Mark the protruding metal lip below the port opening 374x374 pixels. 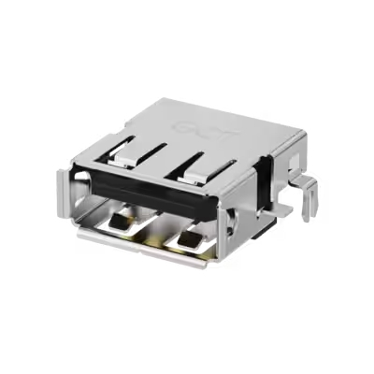coord(140,245)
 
